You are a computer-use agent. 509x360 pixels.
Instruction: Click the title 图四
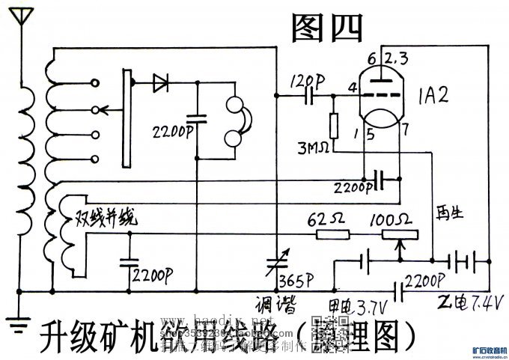pos(326,28)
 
